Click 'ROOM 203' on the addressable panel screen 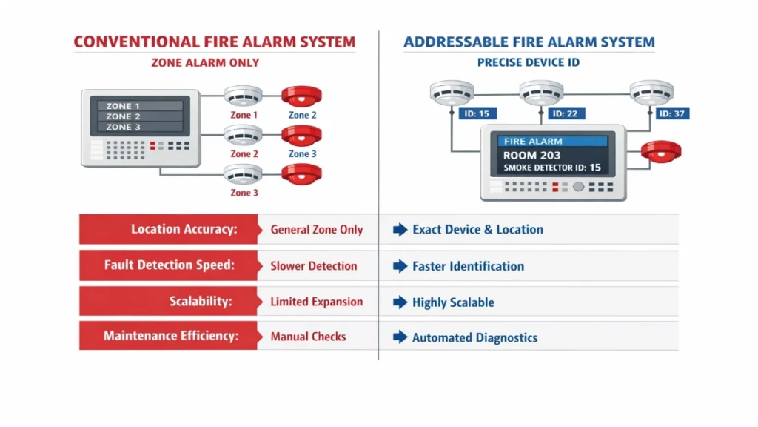pos(531,156)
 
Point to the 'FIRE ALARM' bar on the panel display pos(552,141)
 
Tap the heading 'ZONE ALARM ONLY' pos(205,63)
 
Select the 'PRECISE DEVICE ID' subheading pos(529,63)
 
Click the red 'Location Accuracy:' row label pos(169,229)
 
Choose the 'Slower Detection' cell pos(314,265)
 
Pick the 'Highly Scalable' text pos(453,302)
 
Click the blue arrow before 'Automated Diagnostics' pos(400,337)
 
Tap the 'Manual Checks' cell pos(308,337)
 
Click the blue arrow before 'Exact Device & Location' pos(400,230)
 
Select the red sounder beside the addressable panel pos(661,151)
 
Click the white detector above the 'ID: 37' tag pos(652,92)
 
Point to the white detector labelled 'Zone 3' pos(244,174)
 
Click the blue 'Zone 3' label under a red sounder pos(303,154)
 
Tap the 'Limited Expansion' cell pos(317,302)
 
